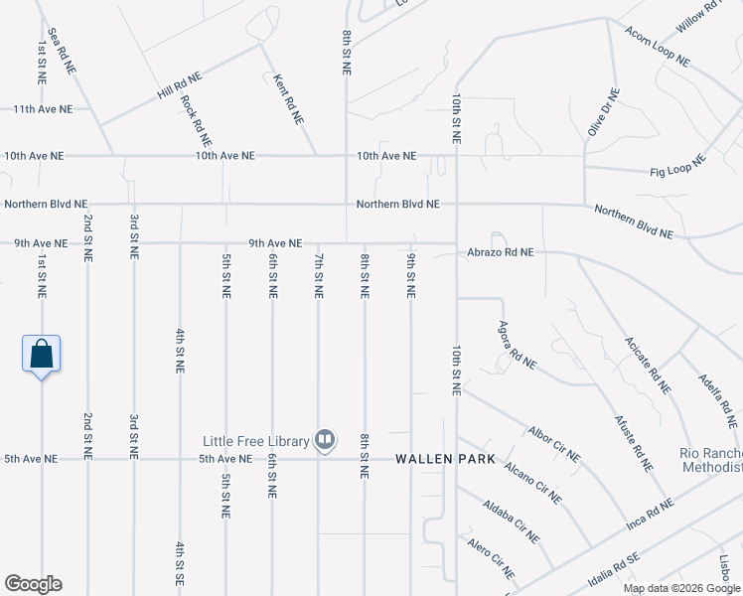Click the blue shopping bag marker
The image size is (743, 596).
[42, 354]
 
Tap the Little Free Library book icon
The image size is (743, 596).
[325, 439]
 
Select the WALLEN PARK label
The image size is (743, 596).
[437, 460]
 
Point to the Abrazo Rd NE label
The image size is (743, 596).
[501, 253]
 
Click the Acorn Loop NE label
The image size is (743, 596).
[658, 46]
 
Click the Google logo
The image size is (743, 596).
[33, 584]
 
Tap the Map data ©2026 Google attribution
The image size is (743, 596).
[681, 588]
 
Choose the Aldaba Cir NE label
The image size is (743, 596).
[513, 523]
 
